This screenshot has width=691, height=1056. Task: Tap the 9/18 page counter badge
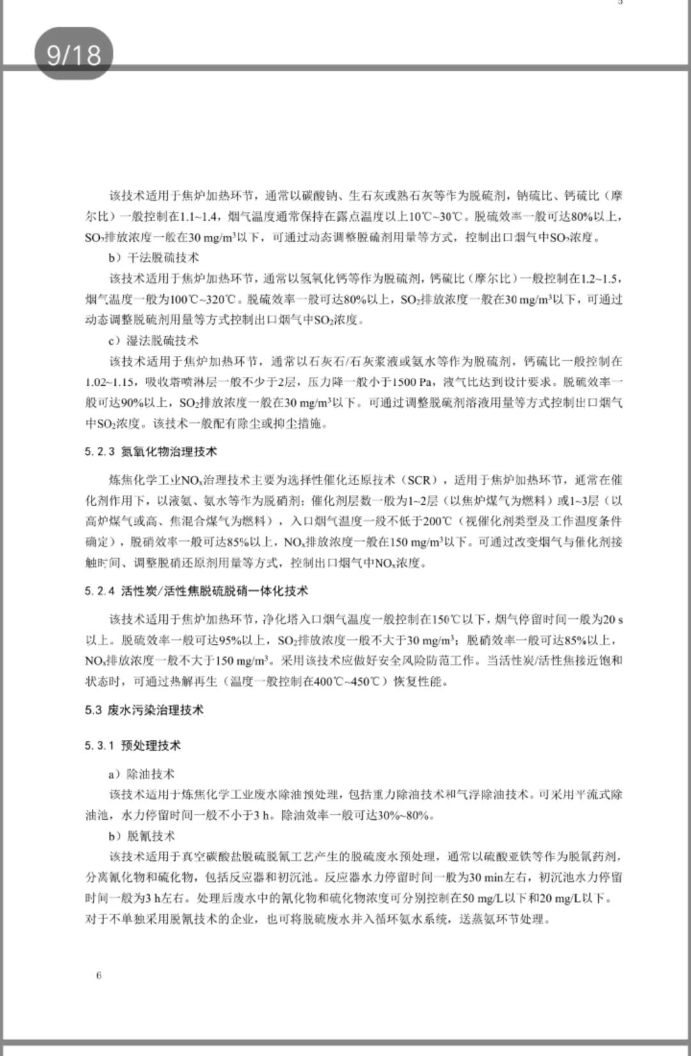coord(74,54)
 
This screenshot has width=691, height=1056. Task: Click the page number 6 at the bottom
coord(99,975)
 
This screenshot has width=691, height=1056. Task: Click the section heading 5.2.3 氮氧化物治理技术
coord(151,452)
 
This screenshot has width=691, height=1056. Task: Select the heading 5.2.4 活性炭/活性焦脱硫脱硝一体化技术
coord(196,591)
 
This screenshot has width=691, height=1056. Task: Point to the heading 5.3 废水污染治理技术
coord(144,710)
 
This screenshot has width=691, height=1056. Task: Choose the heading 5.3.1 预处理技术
coord(132,745)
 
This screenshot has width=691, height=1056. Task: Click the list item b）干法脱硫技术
coord(154,257)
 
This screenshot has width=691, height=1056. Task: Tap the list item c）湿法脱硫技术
coord(154,340)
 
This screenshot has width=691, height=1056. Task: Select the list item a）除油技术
coord(141,774)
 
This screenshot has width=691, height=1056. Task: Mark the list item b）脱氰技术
coord(141,836)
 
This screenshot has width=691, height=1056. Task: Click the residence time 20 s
coord(612,619)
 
